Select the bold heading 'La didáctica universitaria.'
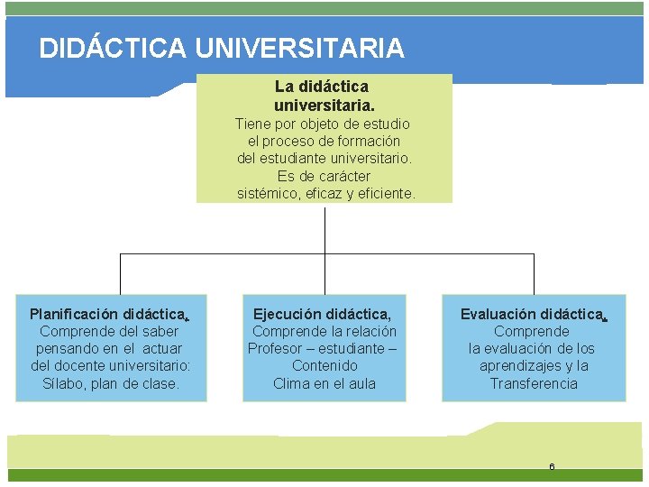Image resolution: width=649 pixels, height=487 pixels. coord(323,96)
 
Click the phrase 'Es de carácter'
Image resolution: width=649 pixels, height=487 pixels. coord(324,176)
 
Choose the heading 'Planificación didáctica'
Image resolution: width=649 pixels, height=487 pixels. coord(107,315)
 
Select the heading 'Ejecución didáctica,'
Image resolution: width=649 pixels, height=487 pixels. coord(323,315)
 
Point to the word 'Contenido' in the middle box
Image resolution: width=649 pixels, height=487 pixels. coord(324,366)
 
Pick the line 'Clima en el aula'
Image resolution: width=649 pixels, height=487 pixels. coord(324,383)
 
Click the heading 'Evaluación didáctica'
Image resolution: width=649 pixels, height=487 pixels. coord(532,315)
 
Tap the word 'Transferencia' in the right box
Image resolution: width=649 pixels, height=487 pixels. coord(534,383)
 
